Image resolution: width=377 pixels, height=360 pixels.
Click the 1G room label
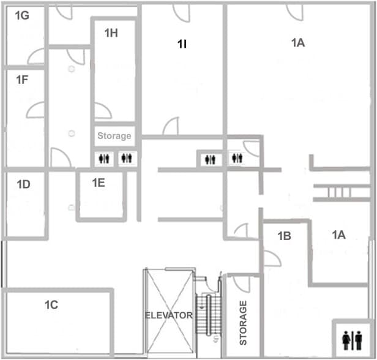pos(22,16)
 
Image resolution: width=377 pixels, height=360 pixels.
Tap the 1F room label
pos(22,80)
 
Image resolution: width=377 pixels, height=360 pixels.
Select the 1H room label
pos(111,33)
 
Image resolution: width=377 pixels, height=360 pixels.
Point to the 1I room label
pos(182,44)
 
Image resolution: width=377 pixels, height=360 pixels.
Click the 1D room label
pos(23,184)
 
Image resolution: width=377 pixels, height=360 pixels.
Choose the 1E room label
pos(99,183)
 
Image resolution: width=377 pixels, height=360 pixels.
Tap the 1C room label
pos(51,305)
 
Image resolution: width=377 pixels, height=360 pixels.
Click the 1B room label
pos(285,236)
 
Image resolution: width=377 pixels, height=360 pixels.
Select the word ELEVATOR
pos(168,315)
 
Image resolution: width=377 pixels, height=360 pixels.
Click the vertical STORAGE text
pos(243,323)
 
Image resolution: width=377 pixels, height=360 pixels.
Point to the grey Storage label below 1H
pos(114,136)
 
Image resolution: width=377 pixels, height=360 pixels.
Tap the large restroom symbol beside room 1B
pos(353,340)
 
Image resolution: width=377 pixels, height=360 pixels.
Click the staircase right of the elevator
pos(208,314)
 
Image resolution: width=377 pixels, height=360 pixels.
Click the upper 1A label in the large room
pos(298,43)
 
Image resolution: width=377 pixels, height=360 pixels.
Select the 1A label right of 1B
pos(339,234)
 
